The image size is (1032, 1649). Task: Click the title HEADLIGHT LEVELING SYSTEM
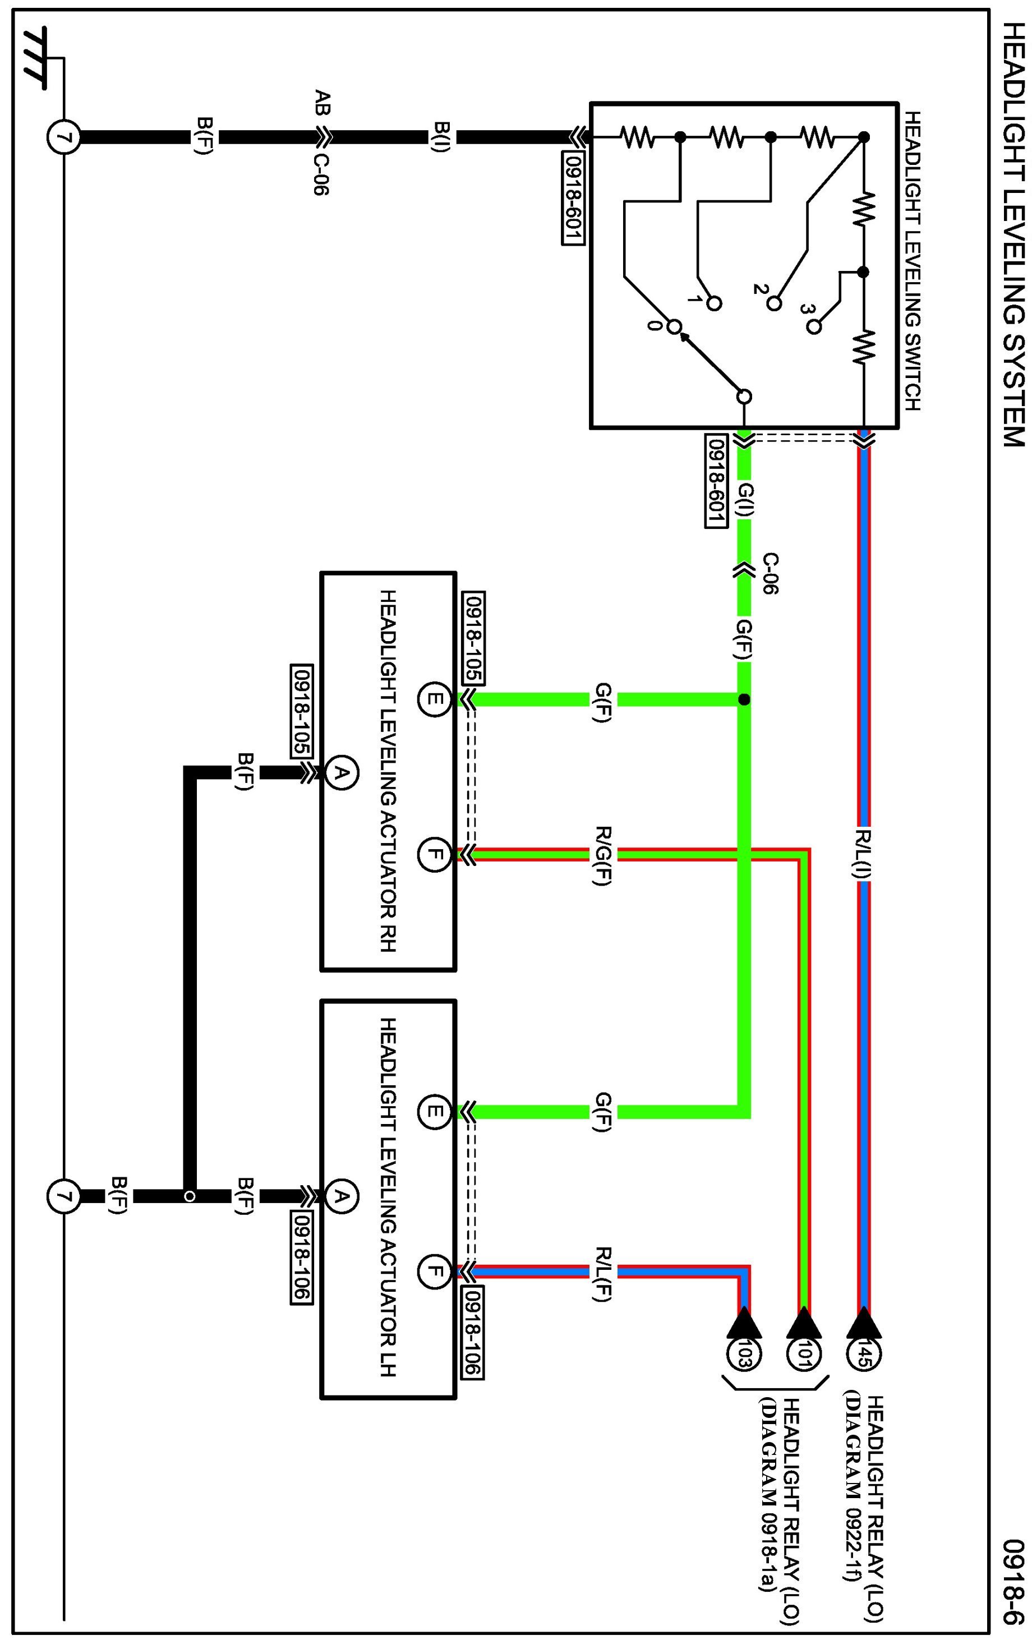tap(1014, 235)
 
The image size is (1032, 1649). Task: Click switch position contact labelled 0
tap(674, 327)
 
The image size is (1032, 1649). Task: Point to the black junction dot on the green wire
tap(744, 699)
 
